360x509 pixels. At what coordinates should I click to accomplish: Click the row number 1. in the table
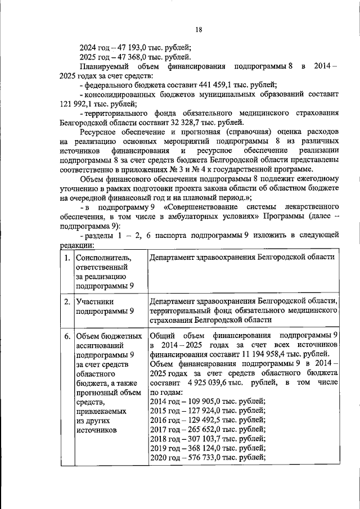[67, 258]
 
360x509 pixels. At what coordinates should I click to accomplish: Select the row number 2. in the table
[67, 301]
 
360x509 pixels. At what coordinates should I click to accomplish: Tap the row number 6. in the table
[67, 336]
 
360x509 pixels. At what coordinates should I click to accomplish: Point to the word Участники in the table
[95, 301]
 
